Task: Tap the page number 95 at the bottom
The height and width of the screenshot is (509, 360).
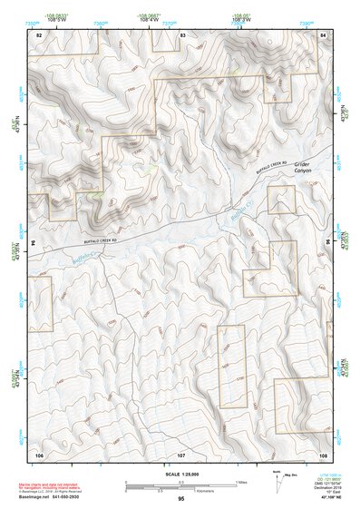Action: (x=181, y=498)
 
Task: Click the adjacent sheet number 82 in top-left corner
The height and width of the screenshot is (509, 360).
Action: (x=39, y=34)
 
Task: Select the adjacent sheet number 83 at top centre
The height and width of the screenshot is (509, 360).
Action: (x=182, y=34)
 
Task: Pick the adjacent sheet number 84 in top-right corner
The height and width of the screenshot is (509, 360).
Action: (x=323, y=34)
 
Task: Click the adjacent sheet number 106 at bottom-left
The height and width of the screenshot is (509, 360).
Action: (x=39, y=453)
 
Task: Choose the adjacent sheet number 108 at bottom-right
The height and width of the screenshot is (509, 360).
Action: (x=322, y=453)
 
